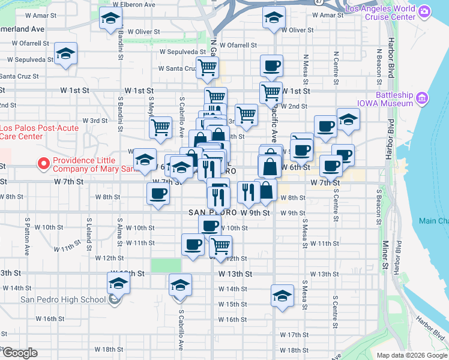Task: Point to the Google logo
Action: coord(20,353)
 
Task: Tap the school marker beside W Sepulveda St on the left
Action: coord(65,54)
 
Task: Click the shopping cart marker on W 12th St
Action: coord(220,245)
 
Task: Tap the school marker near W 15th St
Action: coord(282,295)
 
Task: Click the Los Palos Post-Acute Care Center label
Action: coord(22,131)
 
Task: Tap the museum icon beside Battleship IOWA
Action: coord(421,97)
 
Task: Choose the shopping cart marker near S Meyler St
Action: coord(160,127)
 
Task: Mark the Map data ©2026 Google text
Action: coord(411,355)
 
